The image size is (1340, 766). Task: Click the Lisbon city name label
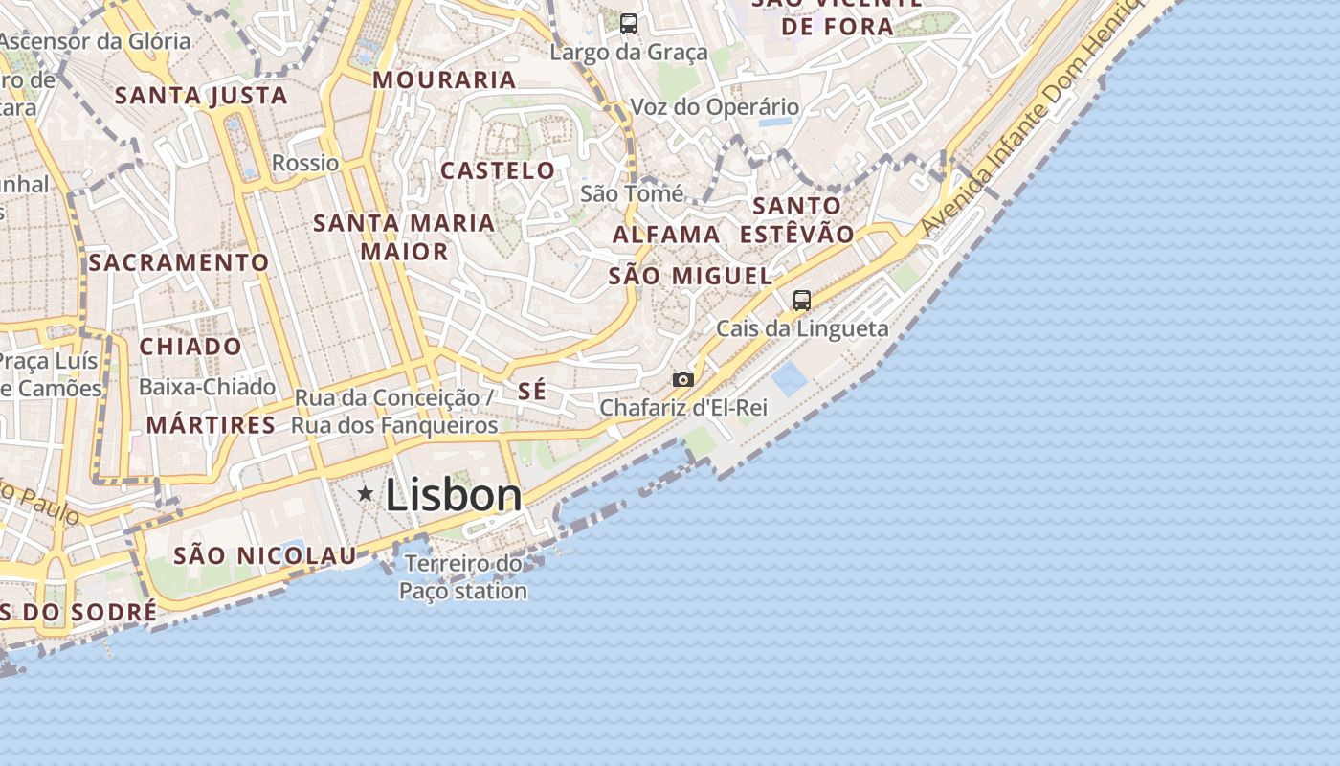pos(454,495)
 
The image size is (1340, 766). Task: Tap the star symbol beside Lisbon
pos(365,494)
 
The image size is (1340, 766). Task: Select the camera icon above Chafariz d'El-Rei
pos(682,380)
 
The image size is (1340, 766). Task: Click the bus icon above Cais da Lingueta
pos(802,301)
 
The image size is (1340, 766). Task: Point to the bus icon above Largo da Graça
pos(629,24)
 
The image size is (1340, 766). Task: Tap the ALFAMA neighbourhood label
pos(666,235)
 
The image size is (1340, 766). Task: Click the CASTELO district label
pos(498,171)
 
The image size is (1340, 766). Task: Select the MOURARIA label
pos(444,80)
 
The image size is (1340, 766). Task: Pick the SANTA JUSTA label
pos(201,96)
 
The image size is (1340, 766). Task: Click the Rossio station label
pos(305,163)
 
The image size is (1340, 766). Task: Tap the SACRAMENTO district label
pos(179,262)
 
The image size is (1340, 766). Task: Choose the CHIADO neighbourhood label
pos(191,347)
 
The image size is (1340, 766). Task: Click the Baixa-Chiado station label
pos(208,388)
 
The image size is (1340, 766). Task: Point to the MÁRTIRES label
pos(212,425)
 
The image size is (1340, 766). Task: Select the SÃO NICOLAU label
pos(265,555)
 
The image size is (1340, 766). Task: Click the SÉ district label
pos(532,391)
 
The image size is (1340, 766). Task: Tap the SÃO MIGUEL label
pos(690,277)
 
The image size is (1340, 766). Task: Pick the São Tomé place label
pos(632,194)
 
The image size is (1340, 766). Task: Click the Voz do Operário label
pos(714,107)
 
